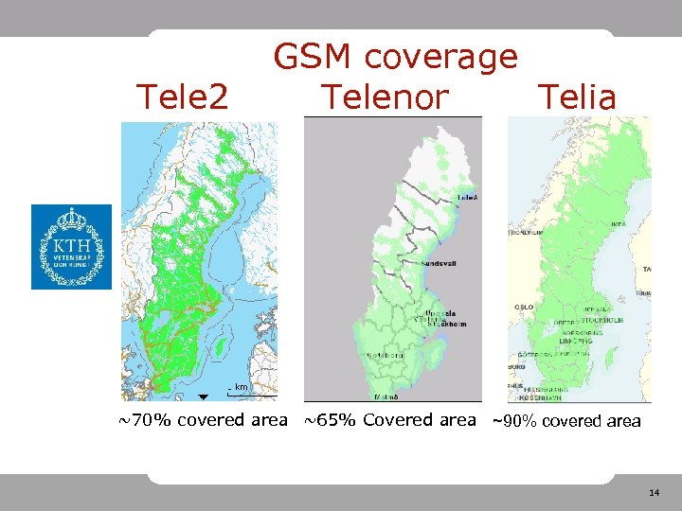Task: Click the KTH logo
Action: pos(71,247)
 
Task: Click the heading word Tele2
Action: pos(183,96)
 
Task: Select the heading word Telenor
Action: pos(384,96)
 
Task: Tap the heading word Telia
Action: pos(577,96)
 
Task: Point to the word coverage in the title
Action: pos(440,59)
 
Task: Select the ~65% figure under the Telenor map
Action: pos(330,420)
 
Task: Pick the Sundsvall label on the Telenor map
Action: pos(439,262)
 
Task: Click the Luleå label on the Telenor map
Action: pos(467,196)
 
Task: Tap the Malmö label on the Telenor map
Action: pos(386,396)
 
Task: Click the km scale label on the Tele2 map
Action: pos(242,386)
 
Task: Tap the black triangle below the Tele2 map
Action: pos(204,396)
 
